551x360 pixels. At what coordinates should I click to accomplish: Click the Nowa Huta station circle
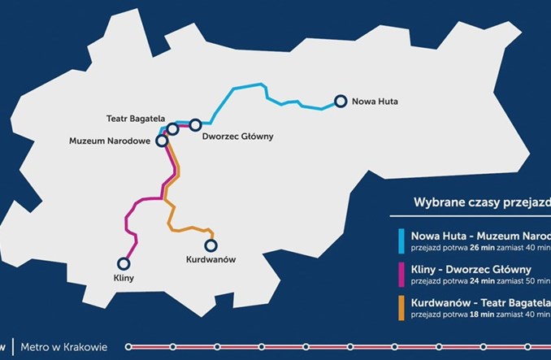point(341,102)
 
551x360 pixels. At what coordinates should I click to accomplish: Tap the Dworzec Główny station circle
point(196,124)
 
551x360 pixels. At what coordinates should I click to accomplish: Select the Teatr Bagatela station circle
point(173,129)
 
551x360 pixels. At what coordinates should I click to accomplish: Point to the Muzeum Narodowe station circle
point(162,140)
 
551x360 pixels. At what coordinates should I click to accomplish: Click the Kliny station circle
point(124,263)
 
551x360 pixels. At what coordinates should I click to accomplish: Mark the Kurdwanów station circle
point(211,245)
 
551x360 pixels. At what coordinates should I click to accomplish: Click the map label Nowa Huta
point(376,102)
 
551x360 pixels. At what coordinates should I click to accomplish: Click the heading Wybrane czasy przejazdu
point(480,202)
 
